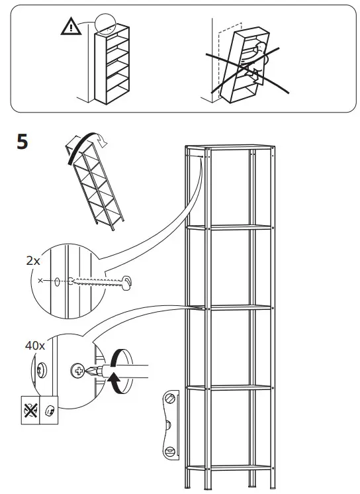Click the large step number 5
coord(22,142)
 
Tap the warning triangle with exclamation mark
coord(69,28)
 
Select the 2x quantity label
coord(32,261)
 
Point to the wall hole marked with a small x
coord(57,281)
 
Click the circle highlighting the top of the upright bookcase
coord(104,24)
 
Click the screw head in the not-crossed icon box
coord(50,409)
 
